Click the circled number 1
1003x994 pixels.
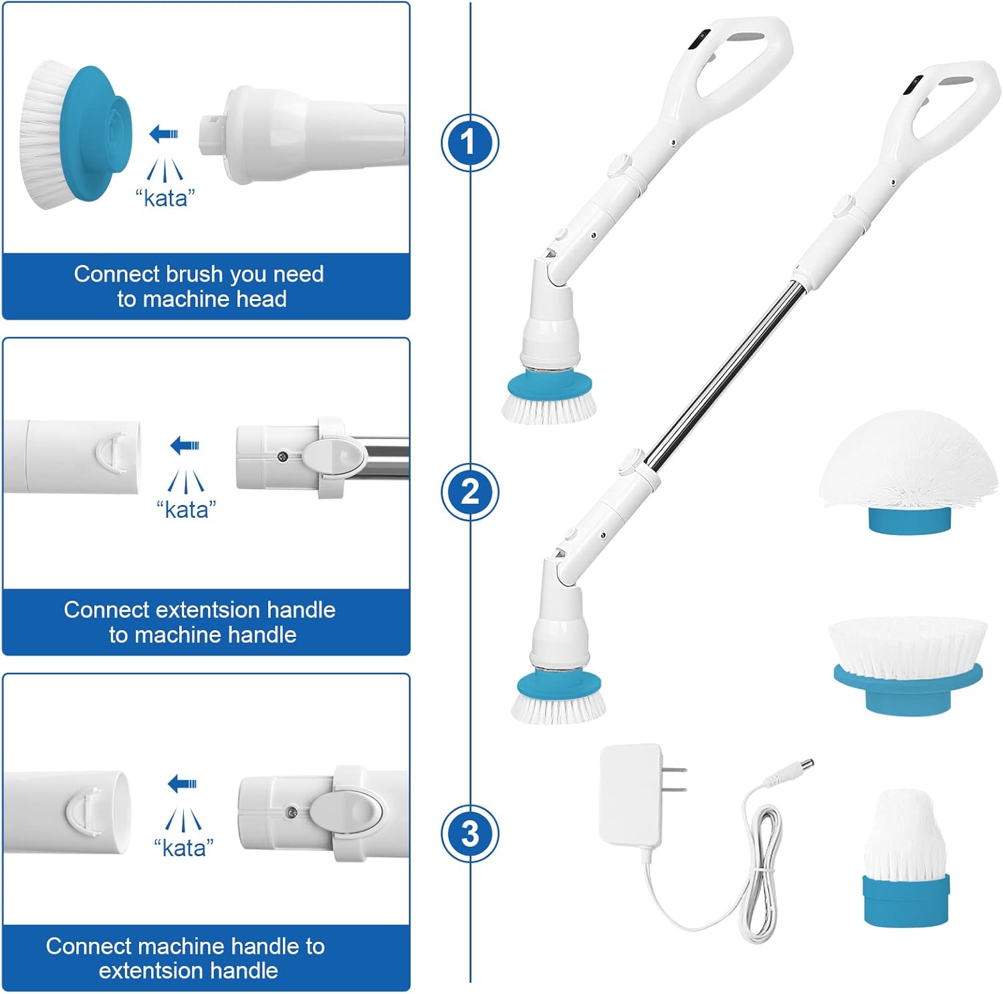[469, 142]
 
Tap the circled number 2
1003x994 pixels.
[469, 492]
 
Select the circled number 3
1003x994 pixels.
[469, 833]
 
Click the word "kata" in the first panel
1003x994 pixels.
[164, 198]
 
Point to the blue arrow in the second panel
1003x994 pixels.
[185, 445]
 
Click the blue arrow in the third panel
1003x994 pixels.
[182, 783]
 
